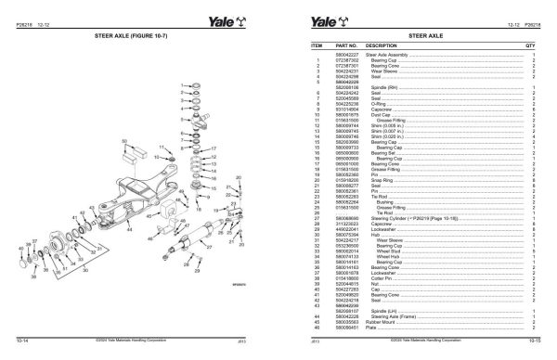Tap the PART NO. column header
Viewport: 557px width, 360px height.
(349, 45)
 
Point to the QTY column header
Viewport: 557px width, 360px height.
(530, 45)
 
